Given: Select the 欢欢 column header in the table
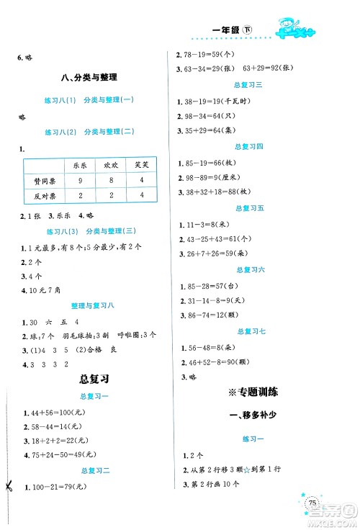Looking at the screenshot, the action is click(111, 165).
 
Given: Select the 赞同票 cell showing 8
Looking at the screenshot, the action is click(111, 180).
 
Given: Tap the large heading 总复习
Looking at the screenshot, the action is click(90, 379).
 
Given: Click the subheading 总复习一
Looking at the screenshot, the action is click(90, 397).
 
